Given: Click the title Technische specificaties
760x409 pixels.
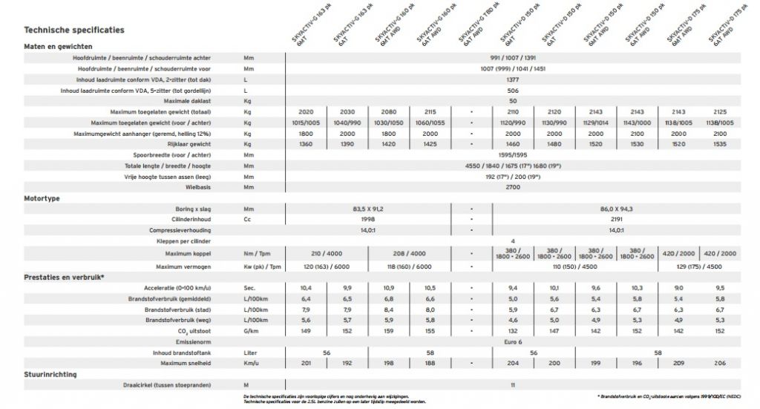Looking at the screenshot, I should pos(74,30).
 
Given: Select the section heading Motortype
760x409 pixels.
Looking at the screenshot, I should pos(42,199).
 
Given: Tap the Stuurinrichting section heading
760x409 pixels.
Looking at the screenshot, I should pos(50,375).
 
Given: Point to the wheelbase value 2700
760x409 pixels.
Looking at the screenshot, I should pos(512,188).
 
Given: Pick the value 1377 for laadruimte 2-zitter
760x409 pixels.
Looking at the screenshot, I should pos(512,79).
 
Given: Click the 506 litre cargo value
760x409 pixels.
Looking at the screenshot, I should pos(512,90).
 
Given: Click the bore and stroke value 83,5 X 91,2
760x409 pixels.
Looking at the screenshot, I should pos(368,209).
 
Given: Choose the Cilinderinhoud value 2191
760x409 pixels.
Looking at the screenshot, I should pos(616,220).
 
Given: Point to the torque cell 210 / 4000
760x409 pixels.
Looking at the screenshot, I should pos(326,253).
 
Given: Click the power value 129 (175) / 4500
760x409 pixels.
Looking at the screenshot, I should pos(698,266).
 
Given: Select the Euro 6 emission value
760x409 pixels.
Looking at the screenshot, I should pos(512,341).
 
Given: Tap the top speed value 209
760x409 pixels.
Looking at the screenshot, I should pos(678,363).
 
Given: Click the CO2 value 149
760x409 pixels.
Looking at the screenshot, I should pos(305,330).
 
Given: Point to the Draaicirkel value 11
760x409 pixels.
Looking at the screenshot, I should pos(512,385).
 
